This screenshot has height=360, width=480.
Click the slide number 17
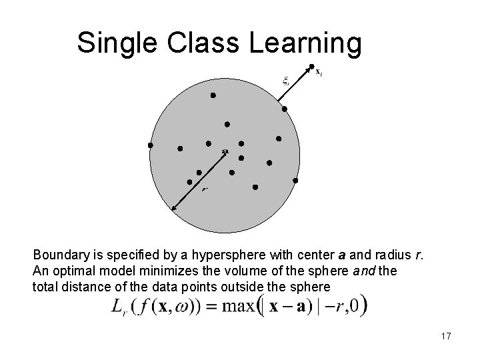click(445, 337)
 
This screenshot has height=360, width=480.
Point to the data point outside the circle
click(311, 66)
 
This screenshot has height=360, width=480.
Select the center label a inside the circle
click(225, 151)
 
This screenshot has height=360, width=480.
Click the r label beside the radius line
click(204, 189)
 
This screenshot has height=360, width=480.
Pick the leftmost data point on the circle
click(151, 145)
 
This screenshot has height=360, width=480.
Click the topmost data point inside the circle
click(213, 95)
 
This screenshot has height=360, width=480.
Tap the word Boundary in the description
click(57, 255)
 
